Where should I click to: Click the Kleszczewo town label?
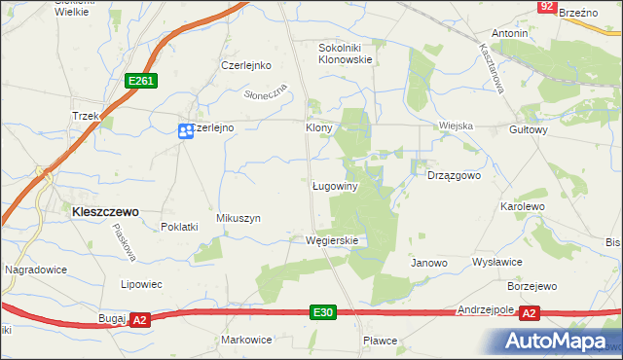coord(101,210)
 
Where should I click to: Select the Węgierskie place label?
coord(332,240)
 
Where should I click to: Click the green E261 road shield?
coord(139,83)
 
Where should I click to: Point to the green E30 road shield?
coord(324,312)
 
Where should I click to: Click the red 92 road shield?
coord(546,7)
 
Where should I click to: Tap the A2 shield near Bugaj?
coord(139,319)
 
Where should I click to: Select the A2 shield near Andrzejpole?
coord(529,312)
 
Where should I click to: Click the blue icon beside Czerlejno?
coord(184,130)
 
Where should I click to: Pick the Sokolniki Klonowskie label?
coord(346,53)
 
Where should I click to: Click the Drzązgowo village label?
coord(455,176)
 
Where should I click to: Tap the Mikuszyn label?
coord(238,219)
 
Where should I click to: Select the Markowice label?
coord(246,340)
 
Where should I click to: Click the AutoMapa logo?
coord(560,342)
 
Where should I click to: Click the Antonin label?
coord(509,33)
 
